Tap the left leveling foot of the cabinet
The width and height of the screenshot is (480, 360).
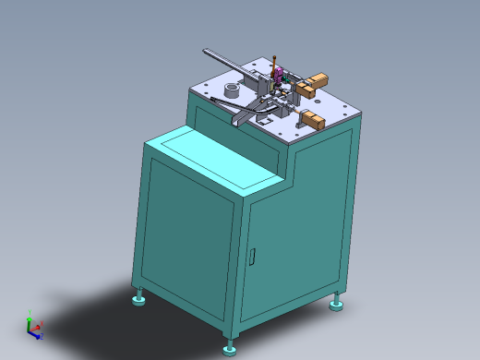pos(139,299)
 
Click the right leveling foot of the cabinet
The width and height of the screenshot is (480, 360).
pos(337,303)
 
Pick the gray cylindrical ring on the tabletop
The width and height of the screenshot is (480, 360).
pos(231,90)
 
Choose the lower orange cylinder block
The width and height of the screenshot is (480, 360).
pos(315,118)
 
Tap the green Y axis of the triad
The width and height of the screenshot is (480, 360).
pos(30,315)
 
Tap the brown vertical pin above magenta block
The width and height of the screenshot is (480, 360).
pos(274,57)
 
